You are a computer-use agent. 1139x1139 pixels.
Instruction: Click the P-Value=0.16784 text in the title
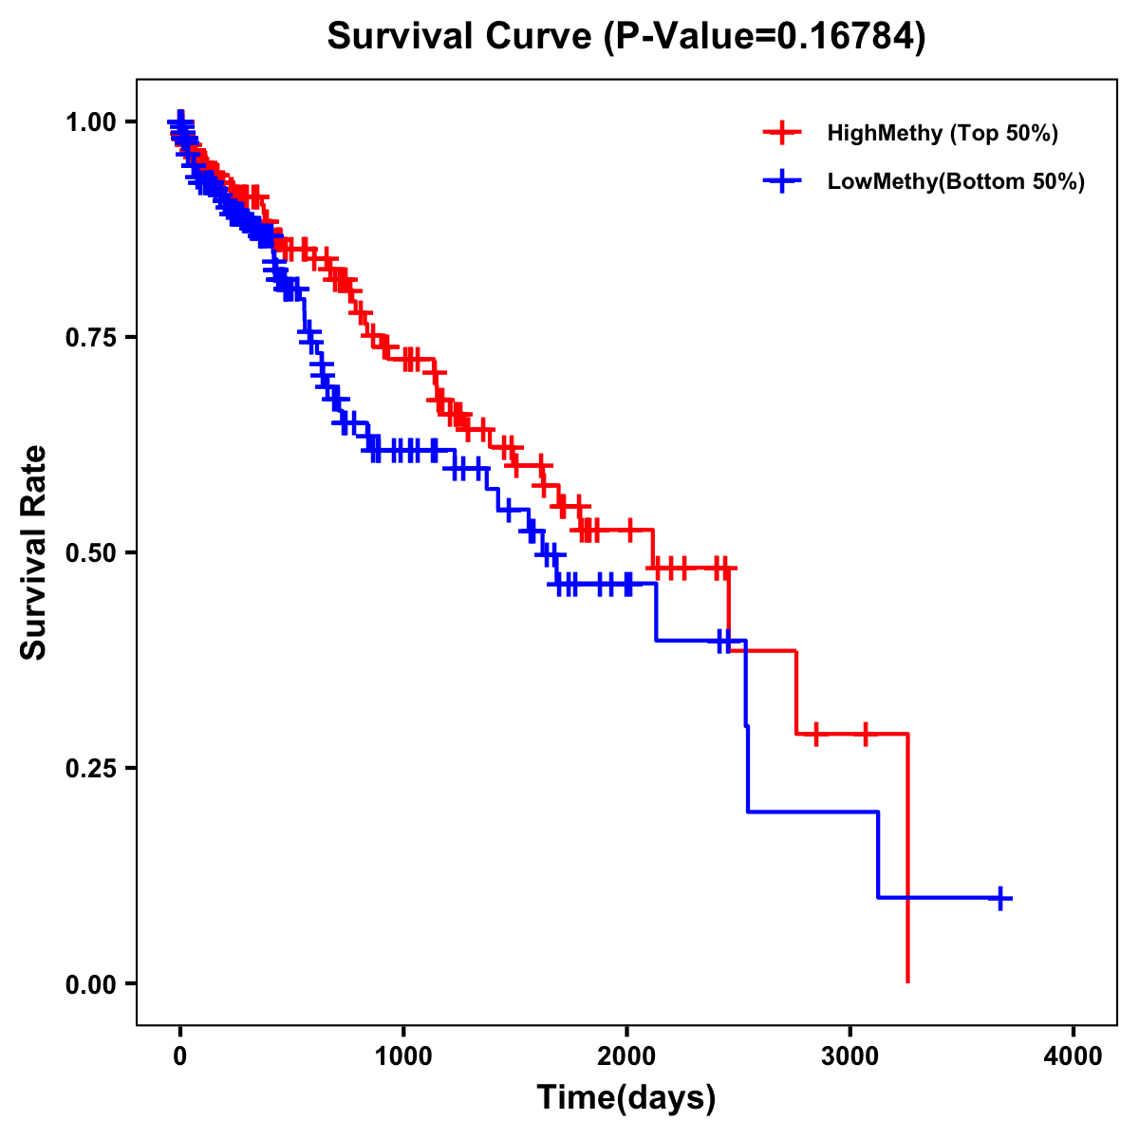[767, 37]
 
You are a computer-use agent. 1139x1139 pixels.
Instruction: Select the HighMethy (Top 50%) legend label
[942, 133]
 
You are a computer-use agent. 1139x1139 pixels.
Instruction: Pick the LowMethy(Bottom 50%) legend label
[956, 182]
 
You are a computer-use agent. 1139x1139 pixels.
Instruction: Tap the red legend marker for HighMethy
[782, 133]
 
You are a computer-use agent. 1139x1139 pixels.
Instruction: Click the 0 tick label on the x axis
[179, 1056]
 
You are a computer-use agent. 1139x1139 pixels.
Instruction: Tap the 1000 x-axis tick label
[403, 1056]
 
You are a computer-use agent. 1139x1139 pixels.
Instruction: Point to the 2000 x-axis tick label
[626, 1056]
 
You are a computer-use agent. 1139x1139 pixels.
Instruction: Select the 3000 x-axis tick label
[850, 1056]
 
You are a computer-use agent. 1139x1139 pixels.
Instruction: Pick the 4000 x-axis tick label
[1074, 1056]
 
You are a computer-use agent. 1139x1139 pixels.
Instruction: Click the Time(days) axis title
[626, 1098]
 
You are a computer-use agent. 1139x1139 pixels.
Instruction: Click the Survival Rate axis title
[34, 552]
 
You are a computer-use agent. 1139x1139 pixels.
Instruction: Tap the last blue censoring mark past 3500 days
[999, 897]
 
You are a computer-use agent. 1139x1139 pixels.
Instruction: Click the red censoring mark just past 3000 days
[865, 734]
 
